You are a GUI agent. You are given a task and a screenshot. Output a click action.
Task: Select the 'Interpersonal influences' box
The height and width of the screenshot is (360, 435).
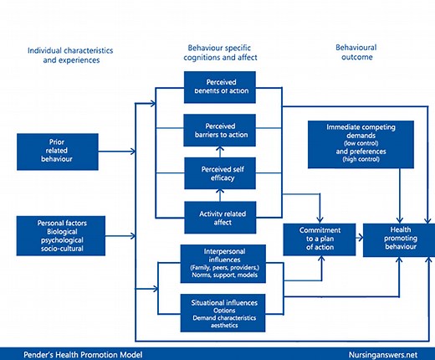[x=223, y=260]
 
